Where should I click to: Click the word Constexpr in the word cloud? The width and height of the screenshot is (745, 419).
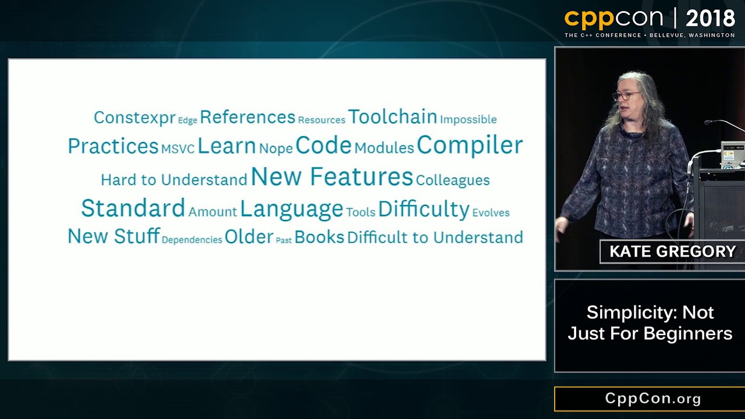(x=134, y=118)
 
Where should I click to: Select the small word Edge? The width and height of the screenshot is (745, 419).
(x=187, y=120)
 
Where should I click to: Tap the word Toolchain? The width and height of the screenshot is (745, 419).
(x=392, y=117)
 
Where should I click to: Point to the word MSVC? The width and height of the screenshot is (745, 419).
(x=178, y=149)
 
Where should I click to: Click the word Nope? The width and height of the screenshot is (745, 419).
(x=276, y=149)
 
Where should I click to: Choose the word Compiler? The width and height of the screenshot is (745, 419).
(x=470, y=145)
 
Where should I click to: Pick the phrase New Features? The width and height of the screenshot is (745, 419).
(x=332, y=176)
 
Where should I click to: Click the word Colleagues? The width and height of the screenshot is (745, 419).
(x=453, y=180)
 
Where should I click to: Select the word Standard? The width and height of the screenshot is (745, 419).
(x=133, y=208)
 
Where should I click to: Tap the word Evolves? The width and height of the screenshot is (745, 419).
(x=491, y=213)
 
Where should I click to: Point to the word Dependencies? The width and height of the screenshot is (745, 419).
(x=192, y=240)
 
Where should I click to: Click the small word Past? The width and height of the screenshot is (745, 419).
(x=283, y=240)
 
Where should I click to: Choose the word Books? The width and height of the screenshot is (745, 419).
(x=320, y=237)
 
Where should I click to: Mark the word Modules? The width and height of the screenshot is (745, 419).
(x=384, y=148)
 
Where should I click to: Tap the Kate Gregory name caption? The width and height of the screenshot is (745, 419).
(x=672, y=251)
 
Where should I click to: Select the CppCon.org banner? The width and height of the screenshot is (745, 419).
(x=650, y=399)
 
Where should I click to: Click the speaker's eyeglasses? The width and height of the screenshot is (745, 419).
(x=626, y=96)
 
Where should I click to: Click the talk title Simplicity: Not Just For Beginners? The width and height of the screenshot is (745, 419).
(x=650, y=323)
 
